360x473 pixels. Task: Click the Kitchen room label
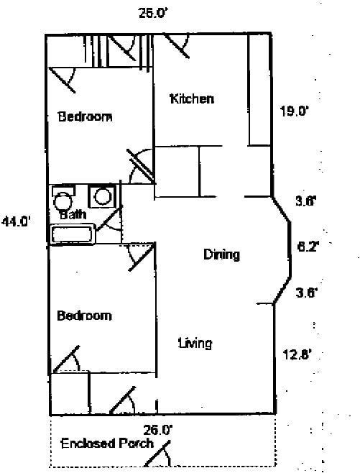click(x=191, y=98)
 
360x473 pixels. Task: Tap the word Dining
click(x=221, y=254)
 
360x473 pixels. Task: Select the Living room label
click(x=195, y=343)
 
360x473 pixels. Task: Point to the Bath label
click(x=73, y=214)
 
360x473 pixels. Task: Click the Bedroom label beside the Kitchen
click(x=85, y=116)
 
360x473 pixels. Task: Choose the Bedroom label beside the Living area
click(x=85, y=316)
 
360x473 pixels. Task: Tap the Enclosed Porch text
click(x=107, y=443)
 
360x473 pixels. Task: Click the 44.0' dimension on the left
click(x=16, y=221)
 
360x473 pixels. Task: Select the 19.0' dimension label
click(x=294, y=111)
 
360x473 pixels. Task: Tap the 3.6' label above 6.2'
click(x=306, y=202)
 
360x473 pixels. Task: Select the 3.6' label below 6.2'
click(x=306, y=293)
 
